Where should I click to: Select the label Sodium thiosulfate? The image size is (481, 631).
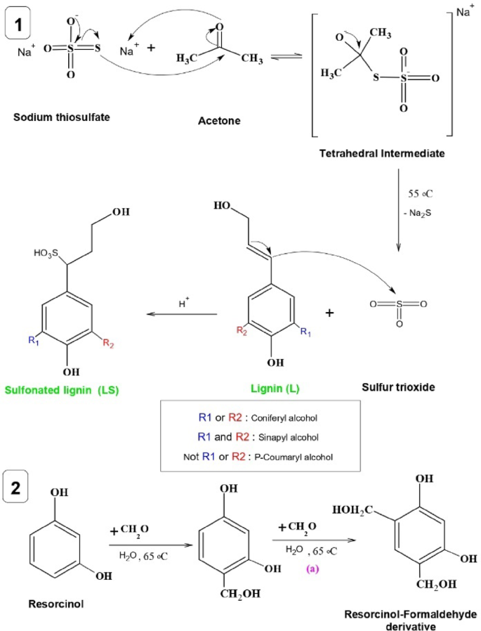point(57,116)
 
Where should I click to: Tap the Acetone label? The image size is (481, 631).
point(219,121)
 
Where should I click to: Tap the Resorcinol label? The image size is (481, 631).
point(54,602)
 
